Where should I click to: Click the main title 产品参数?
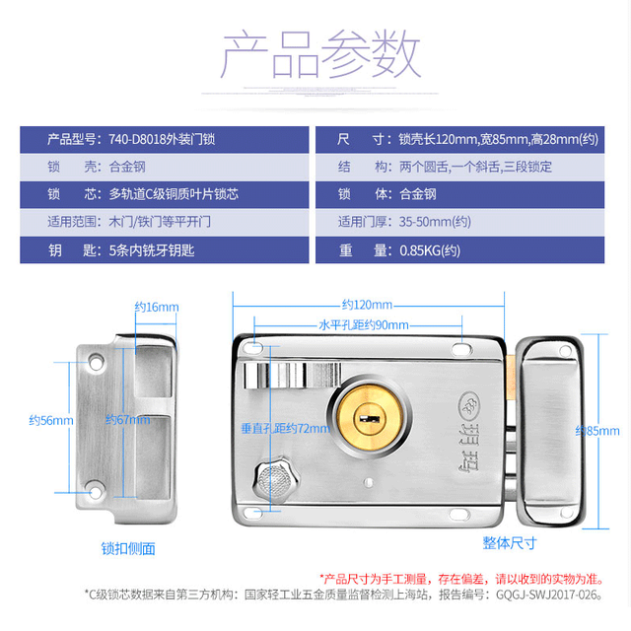click(320, 54)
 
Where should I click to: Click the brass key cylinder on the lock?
click(370, 417)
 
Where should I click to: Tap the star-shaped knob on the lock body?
click(276, 479)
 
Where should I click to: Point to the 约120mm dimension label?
click(367, 305)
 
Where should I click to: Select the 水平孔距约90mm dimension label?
click(364, 325)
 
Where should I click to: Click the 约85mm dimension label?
click(597, 431)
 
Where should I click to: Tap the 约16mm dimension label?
click(157, 307)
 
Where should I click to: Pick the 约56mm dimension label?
click(51, 421)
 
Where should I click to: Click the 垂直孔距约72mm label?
click(285, 429)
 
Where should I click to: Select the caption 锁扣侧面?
click(128, 549)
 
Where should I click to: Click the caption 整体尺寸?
click(510, 543)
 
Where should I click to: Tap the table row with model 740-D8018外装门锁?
click(165, 140)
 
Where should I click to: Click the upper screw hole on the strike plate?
click(96, 363)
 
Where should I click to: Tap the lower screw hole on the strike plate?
click(96, 491)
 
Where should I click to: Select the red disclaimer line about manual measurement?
click(462, 579)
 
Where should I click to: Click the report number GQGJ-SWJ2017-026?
click(549, 595)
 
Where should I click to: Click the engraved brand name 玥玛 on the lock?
click(469, 448)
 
